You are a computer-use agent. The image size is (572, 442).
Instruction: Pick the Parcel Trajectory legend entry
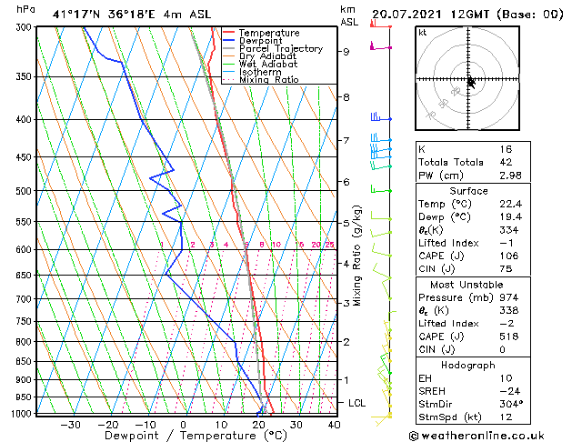point(280,49)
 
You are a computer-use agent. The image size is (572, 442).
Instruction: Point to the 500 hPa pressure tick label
point(25,191)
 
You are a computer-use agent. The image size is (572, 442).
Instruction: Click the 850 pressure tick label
point(25,362)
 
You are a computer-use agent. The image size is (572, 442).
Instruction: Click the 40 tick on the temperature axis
point(334,424)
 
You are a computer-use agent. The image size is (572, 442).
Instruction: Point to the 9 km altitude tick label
point(346,52)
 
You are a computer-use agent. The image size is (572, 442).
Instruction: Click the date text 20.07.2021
point(408,14)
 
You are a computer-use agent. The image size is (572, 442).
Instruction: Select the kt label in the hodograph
point(422,32)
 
